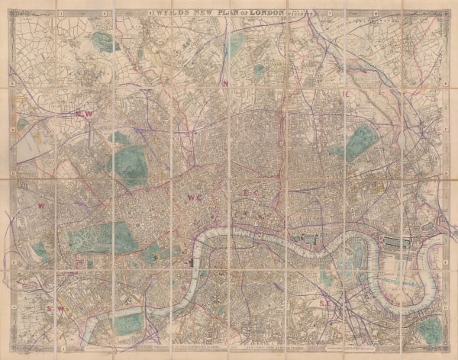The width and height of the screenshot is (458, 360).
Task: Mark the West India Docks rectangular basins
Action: (x=398, y=243)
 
